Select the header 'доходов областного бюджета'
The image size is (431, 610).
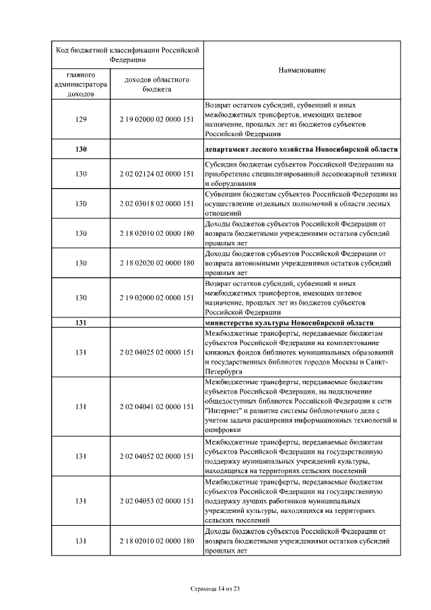pyautogui.click(x=157, y=84)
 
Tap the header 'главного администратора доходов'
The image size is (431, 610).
pyautogui.click(x=81, y=84)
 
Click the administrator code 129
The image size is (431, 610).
pyautogui.click(x=81, y=119)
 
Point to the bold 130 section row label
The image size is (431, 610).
pyautogui.click(x=81, y=149)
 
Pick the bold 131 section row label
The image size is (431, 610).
pyautogui.click(x=81, y=322)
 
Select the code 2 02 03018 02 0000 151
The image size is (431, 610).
pyautogui.click(x=157, y=204)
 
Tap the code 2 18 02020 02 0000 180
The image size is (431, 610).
pyautogui.click(x=157, y=263)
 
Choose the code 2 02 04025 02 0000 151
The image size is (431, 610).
pyautogui.click(x=157, y=352)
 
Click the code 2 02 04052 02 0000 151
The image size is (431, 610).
pyautogui.click(x=157, y=456)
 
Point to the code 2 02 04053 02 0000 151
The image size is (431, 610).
pyautogui.click(x=157, y=501)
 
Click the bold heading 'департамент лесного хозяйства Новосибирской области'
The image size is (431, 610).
pyautogui.click(x=301, y=149)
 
